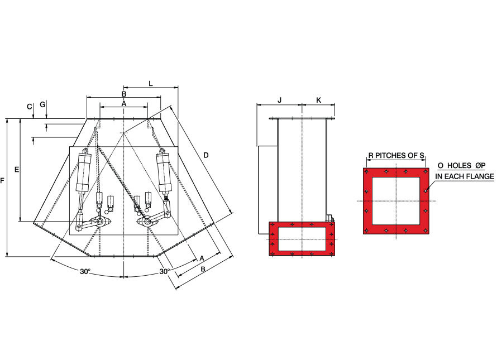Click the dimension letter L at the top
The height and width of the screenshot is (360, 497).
[x=151, y=83]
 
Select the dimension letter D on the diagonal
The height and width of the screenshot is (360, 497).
[x=206, y=155]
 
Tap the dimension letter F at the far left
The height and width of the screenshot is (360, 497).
[x=3, y=181]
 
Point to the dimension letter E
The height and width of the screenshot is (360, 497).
[x=17, y=170]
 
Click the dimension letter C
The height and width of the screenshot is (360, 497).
[x=30, y=107]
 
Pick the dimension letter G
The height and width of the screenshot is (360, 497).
[x=43, y=104]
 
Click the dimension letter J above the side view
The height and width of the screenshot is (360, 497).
[x=280, y=100]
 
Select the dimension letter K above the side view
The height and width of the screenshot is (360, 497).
[x=319, y=100]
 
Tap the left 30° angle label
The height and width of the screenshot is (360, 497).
[x=85, y=272]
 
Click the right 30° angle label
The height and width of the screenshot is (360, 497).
[x=165, y=272]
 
